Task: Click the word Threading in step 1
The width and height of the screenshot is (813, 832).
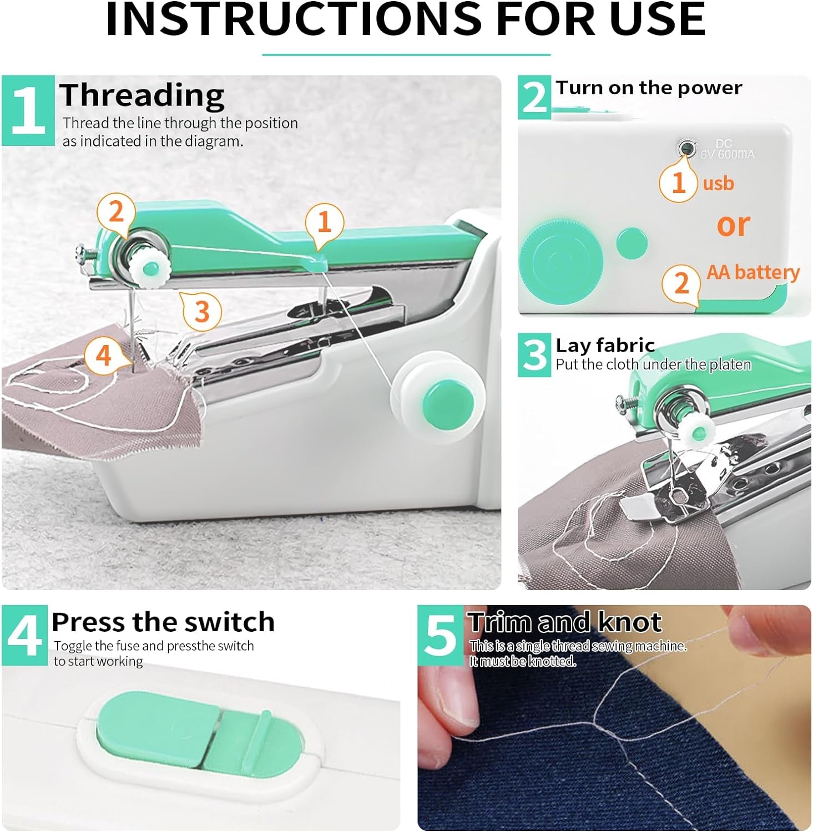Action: tap(142, 95)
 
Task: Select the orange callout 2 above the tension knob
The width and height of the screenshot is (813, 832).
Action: tap(115, 212)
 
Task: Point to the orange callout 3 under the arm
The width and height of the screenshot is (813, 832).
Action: tap(202, 311)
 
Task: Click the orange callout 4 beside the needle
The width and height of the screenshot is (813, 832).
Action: tap(104, 355)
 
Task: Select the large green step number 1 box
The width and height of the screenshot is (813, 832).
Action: tap(28, 110)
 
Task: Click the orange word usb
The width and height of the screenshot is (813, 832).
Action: tap(718, 183)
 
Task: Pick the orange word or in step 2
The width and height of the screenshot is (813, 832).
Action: tap(733, 225)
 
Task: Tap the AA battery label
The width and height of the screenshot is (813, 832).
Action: tap(753, 272)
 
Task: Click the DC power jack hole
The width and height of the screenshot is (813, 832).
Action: tap(688, 148)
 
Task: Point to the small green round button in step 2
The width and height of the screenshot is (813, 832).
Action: tap(632, 243)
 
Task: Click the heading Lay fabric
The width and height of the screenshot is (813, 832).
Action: tap(605, 345)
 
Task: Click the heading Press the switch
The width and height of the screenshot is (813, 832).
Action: tap(163, 622)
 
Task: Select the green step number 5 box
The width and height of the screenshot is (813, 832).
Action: tap(440, 636)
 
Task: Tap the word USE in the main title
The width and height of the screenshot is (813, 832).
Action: tap(657, 19)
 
